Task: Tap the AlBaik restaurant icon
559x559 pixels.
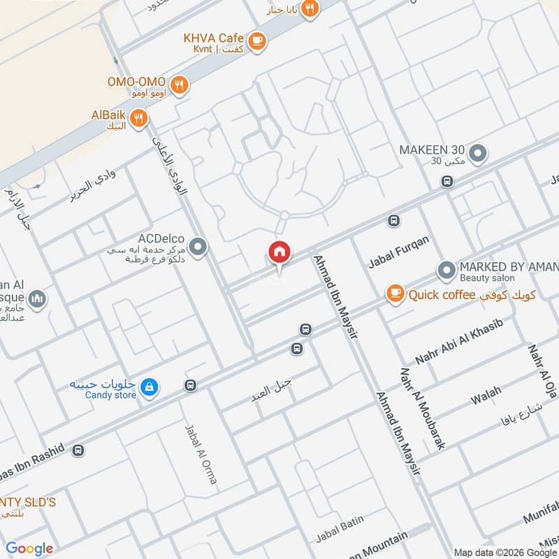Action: pyautogui.click(x=139, y=119)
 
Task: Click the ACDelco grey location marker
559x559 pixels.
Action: pyautogui.click(x=198, y=247)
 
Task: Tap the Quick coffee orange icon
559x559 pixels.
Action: pyautogui.click(x=395, y=294)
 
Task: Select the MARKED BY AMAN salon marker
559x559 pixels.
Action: pyautogui.click(x=446, y=270)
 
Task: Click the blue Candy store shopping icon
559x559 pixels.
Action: pyautogui.click(x=148, y=386)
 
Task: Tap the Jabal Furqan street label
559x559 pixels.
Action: pyautogui.click(x=398, y=252)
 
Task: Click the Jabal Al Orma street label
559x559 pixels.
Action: pyautogui.click(x=201, y=454)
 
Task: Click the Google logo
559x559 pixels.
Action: pyautogui.click(x=29, y=549)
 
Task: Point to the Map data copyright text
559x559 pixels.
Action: pyautogui.click(x=504, y=551)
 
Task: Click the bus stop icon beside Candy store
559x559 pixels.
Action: pyautogui.click(x=190, y=385)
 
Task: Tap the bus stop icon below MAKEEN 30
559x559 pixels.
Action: pyautogui.click(x=447, y=182)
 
